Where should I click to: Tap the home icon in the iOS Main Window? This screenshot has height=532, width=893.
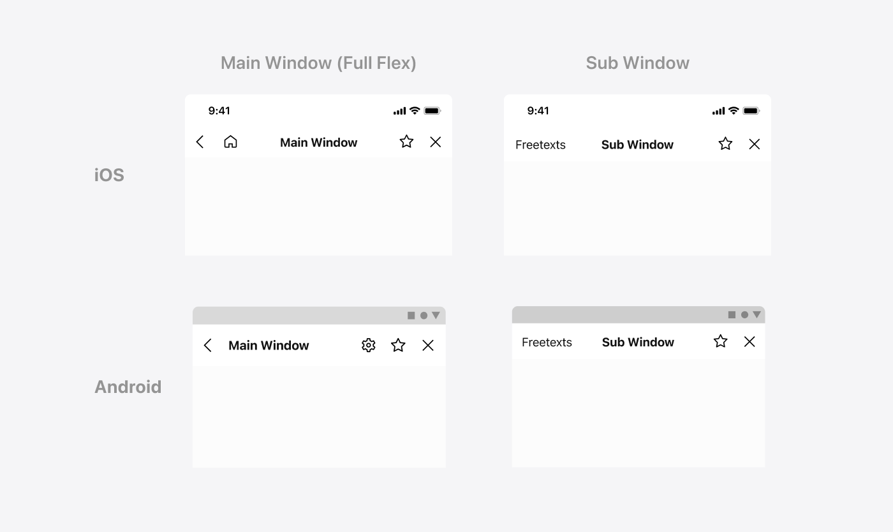pos(230,142)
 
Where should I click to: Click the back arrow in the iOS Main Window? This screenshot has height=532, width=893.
pos(200,142)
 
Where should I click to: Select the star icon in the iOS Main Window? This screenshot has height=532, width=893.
pos(406,141)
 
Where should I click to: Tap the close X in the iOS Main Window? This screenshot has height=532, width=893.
pos(435,142)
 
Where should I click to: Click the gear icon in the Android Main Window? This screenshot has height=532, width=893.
pos(369,345)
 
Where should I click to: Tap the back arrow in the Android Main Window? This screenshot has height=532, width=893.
pos(207,345)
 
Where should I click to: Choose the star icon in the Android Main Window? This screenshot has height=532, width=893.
pos(398,345)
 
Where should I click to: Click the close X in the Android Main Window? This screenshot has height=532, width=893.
pos(428,345)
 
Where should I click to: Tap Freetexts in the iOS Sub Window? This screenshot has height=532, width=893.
pos(540,144)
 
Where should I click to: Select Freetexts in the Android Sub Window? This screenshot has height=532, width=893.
pos(547,342)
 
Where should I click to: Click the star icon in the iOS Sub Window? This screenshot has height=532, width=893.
pos(725,144)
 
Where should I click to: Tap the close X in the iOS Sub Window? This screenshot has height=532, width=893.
pos(754,144)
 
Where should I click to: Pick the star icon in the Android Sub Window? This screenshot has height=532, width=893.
pos(720,341)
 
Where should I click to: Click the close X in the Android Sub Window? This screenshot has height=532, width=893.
pos(749,342)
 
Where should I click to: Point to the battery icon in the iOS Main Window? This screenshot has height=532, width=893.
pos(432,111)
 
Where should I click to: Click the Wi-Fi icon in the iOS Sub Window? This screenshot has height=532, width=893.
pos(734,110)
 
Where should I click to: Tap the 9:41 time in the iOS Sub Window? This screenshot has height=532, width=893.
pos(538,110)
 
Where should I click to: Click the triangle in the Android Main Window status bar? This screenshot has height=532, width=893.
pos(436,316)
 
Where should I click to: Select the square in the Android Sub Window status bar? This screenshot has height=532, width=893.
pos(732,315)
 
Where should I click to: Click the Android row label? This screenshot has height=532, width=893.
pos(128,387)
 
